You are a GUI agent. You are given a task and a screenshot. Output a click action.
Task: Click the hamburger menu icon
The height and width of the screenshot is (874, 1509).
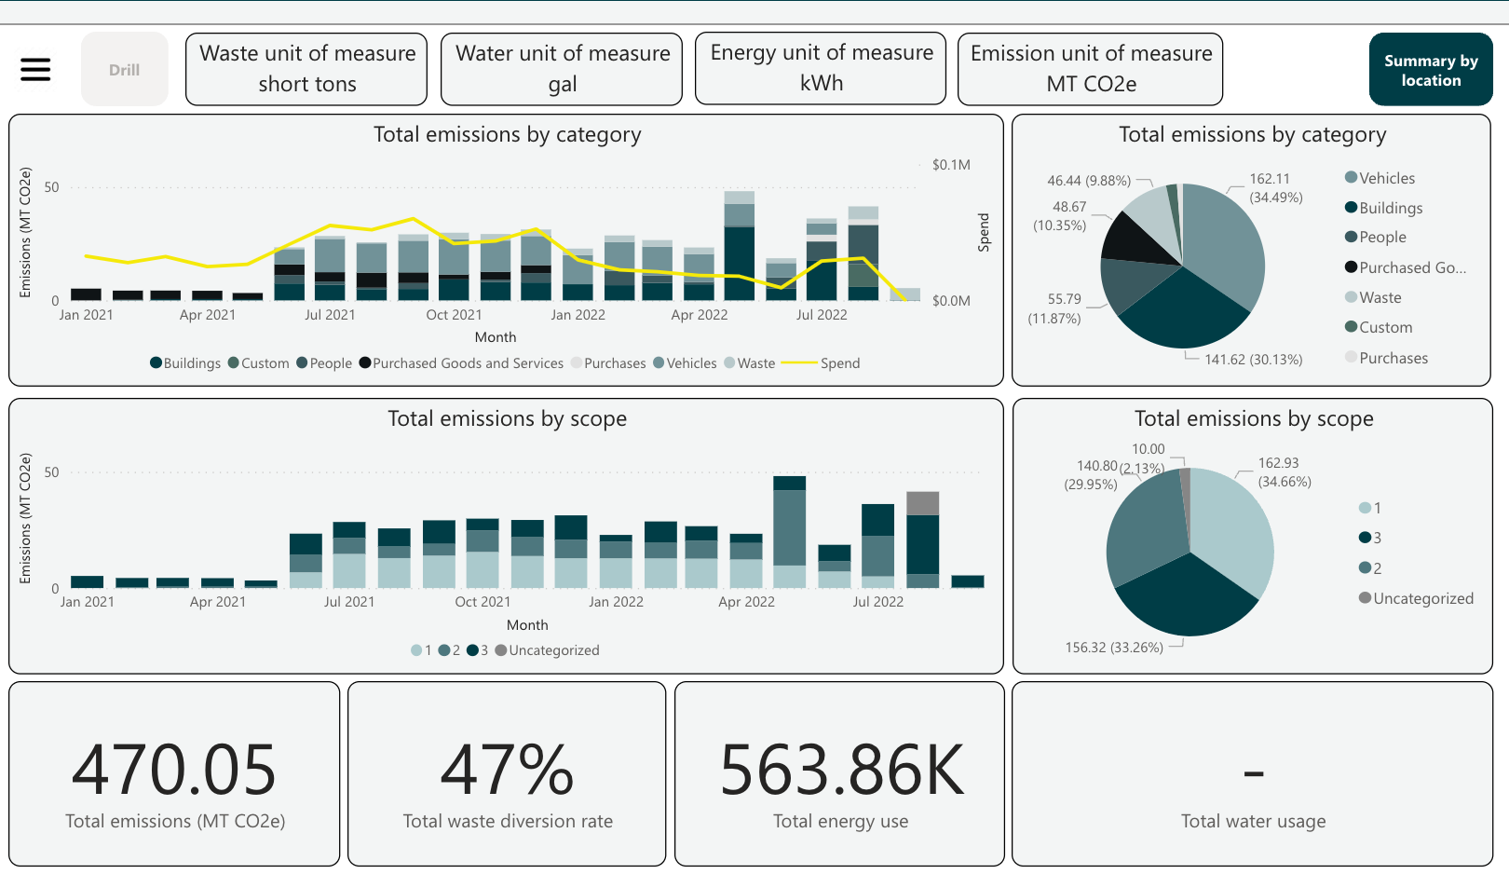[35, 70]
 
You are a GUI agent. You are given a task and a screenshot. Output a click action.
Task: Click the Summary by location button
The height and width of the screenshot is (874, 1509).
[1430, 70]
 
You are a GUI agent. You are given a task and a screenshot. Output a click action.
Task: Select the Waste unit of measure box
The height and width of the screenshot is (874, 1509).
[306, 69]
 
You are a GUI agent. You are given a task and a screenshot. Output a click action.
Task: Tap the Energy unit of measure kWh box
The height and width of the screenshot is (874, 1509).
[821, 68]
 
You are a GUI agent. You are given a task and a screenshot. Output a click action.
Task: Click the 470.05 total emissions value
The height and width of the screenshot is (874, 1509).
[174, 771]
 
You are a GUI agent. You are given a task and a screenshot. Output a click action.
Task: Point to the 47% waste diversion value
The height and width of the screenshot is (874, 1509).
[507, 771]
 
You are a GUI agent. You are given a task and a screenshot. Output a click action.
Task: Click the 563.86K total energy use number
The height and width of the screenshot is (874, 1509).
[841, 771]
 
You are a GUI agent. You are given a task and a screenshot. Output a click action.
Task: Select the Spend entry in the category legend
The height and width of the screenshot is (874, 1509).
[839, 363]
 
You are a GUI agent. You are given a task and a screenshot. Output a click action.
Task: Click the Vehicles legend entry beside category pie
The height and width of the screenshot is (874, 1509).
[1386, 178]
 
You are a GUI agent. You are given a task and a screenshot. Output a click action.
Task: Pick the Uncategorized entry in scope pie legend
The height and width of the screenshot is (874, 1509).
[1422, 598]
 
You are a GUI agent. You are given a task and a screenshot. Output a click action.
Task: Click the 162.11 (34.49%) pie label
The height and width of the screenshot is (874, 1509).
[1275, 187]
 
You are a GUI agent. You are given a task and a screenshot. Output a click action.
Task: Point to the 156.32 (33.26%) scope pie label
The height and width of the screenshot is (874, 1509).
[1114, 648]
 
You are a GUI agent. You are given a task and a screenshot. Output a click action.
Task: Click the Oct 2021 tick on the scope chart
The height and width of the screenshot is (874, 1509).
[483, 602]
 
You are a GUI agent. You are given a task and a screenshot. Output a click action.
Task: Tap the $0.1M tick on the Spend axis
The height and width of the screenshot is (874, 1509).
[951, 165]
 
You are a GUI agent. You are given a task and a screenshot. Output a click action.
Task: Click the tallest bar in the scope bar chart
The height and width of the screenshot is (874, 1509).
[789, 531]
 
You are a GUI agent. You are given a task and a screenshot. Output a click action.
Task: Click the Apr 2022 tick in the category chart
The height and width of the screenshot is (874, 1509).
[700, 315]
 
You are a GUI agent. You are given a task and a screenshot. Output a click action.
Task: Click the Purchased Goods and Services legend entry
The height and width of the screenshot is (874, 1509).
[467, 363]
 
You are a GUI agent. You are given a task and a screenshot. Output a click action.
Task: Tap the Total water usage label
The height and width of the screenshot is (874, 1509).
[1253, 821]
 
